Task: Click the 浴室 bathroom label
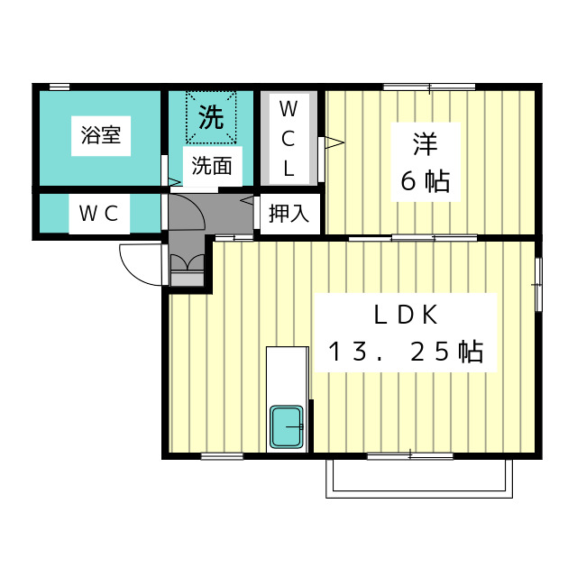point(101,137)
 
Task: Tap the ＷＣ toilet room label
point(99,214)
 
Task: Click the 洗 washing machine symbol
point(211,117)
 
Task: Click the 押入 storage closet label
point(289,214)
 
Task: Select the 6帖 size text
point(425,181)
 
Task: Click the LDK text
point(406,315)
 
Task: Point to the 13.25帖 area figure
point(406,352)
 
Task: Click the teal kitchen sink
point(288,426)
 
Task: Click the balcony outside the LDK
point(419,478)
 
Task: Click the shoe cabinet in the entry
point(188,270)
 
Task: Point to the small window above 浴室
point(60,87)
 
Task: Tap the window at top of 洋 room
point(429,87)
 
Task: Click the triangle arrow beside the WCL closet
point(333,142)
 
